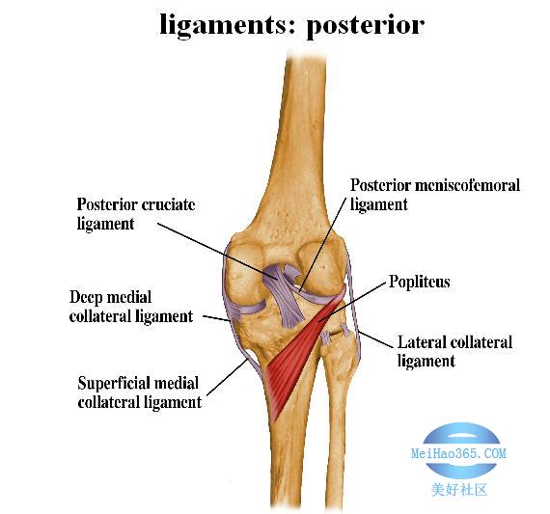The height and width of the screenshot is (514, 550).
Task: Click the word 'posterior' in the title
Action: click(x=365, y=26)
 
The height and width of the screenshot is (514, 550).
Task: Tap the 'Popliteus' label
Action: click(x=419, y=282)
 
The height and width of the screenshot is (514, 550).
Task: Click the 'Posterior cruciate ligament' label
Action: click(x=136, y=214)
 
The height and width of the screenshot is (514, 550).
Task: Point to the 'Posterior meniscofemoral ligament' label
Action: click(x=435, y=195)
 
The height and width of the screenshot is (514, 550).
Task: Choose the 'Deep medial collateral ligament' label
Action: click(x=131, y=307)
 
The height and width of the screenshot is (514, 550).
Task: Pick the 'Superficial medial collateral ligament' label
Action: click(x=139, y=392)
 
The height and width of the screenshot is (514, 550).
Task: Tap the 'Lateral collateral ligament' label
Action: click(x=454, y=351)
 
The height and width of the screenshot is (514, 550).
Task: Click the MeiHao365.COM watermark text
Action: click(x=458, y=453)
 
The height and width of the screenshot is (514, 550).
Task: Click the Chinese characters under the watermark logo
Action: click(x=459, y=490)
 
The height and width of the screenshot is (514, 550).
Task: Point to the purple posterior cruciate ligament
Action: click(x=283, y=295)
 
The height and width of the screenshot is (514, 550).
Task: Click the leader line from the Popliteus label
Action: click(x=351, y=302)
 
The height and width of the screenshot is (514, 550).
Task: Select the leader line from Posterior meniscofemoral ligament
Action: click(x=323, y=243)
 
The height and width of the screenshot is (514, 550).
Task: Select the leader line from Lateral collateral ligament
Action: click(x=375, y=339)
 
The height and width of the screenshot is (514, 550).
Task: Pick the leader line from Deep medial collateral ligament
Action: click(x=216, y=318)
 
